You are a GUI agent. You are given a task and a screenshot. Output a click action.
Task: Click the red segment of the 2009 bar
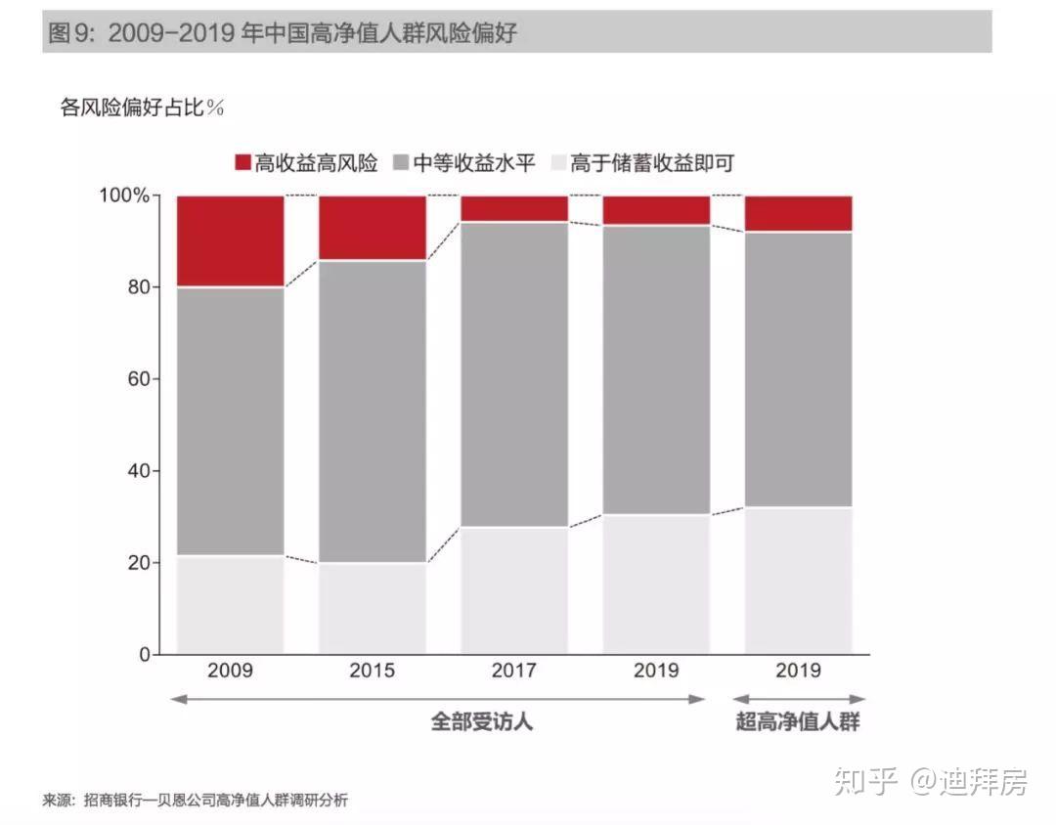231,240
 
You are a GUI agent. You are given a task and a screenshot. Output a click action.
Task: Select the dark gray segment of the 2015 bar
373,411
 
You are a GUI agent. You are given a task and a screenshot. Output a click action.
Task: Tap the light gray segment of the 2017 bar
514,590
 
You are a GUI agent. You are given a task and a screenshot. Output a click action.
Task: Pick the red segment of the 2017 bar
514,208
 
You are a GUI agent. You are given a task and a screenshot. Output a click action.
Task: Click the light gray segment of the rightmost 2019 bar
799,581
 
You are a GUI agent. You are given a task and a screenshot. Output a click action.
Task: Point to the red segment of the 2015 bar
373,227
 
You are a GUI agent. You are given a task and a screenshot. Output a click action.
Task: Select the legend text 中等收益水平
474,162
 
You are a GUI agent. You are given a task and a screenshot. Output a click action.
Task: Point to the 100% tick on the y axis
125,195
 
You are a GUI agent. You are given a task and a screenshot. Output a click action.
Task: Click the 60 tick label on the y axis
139,379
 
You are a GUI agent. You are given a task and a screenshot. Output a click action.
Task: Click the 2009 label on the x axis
231,671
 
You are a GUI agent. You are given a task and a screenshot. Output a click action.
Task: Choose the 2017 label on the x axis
514,671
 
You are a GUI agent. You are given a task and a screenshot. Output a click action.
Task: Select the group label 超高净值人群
798,722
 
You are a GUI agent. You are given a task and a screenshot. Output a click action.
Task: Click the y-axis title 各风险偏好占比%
143,108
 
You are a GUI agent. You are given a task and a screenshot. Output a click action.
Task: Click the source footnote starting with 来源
196,801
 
